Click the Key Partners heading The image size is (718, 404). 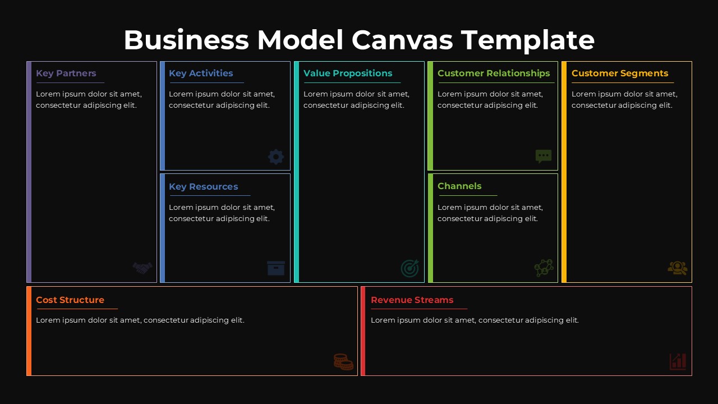point(66,74)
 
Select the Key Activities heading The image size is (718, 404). point(201,74)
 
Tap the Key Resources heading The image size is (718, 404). point(204,187)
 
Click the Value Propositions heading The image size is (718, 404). point(348,74)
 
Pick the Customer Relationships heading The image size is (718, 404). point(494,74)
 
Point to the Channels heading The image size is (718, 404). point(459,186)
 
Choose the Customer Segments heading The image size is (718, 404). point(620,74)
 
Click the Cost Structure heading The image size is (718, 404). point(70,300)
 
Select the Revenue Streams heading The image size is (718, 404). point(412,300)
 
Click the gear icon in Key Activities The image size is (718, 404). point(276,157)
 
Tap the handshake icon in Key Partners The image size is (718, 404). point(142,268)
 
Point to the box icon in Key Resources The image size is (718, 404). point(276,268)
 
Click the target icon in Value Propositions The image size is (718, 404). point(409,268)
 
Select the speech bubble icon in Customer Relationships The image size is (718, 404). point(544,156)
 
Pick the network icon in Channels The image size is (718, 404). point(544,268)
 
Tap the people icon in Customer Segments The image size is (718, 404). point(678,268)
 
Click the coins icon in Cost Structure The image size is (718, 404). point(343,361)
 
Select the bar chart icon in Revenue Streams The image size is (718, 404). point(678,361)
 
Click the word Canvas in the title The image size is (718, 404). point(403,40)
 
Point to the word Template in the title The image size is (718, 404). point(528,40)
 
